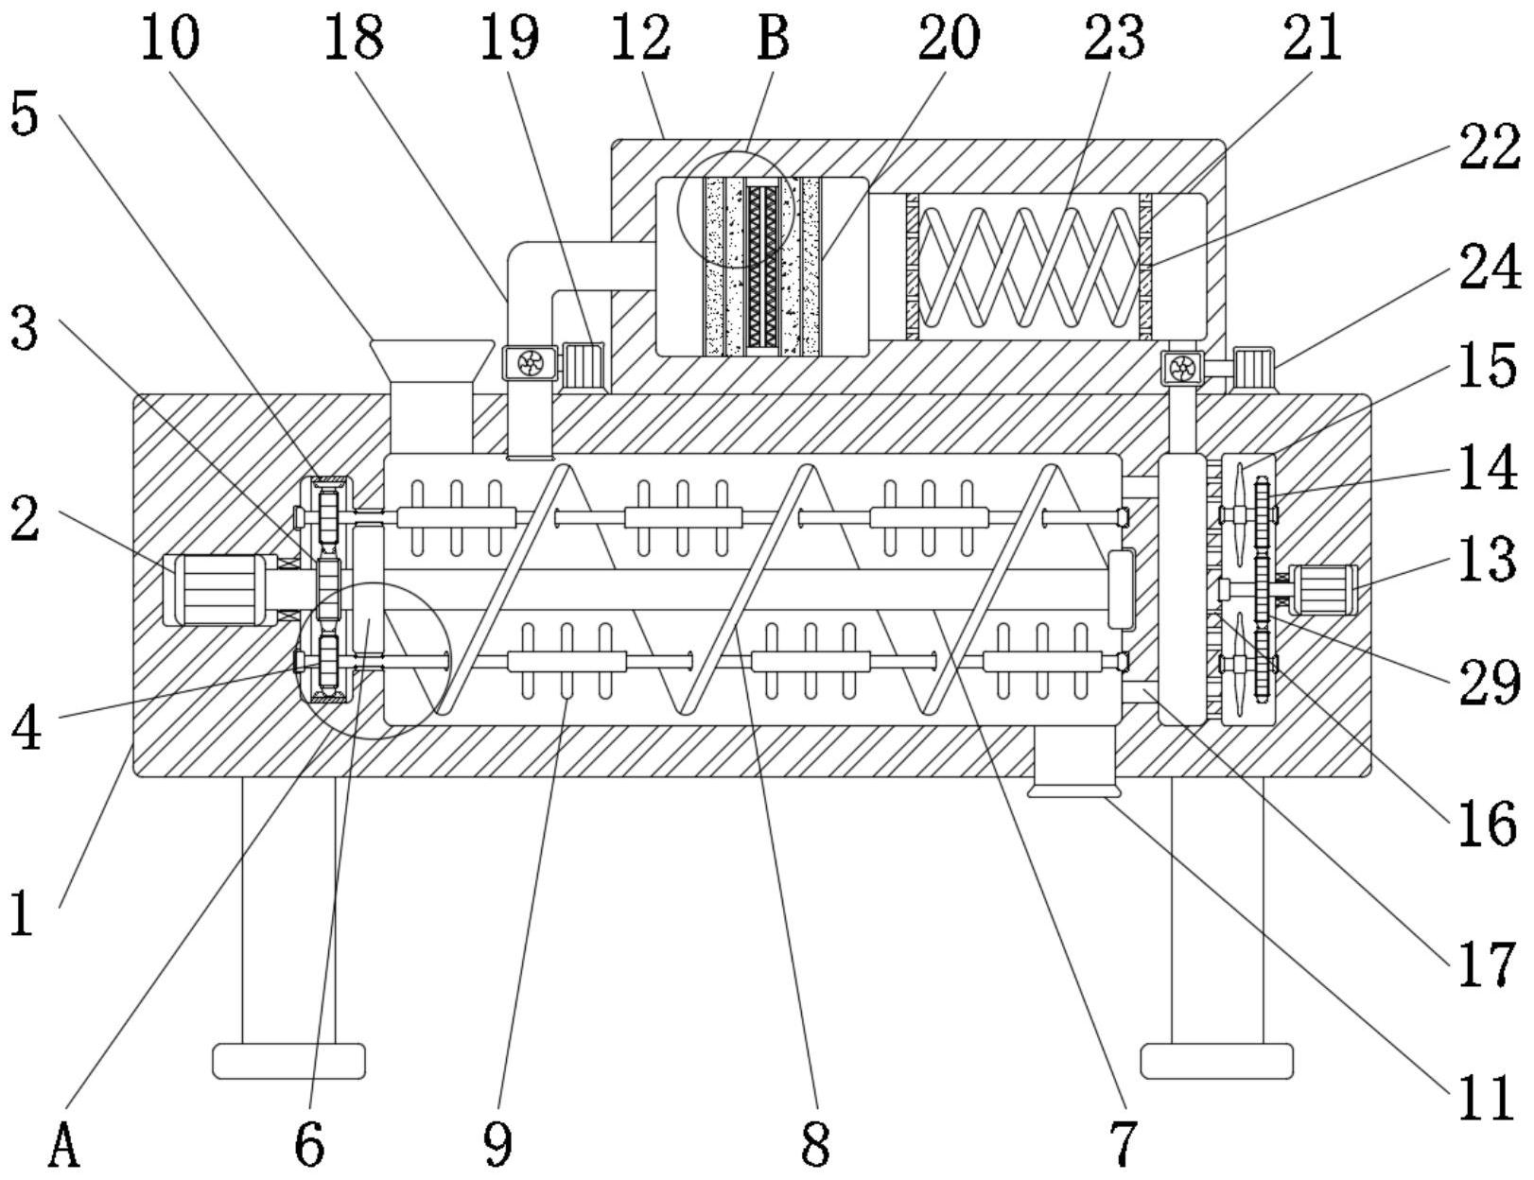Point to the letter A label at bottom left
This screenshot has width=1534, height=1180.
[x=62, y=1146]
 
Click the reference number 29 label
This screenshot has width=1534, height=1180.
[x=1489, y=683]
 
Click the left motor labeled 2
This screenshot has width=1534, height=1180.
[x=219, y=590]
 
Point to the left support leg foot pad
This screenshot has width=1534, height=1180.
[x=288, y=1061]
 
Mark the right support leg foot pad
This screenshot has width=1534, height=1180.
[x=1216, y=1061]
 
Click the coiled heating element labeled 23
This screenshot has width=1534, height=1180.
[x=1028, y=266]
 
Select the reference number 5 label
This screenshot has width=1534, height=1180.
[x=26, y=115]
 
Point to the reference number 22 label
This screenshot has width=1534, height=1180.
[x=1489, y=149]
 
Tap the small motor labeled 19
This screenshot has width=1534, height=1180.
[x=583, y=365]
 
